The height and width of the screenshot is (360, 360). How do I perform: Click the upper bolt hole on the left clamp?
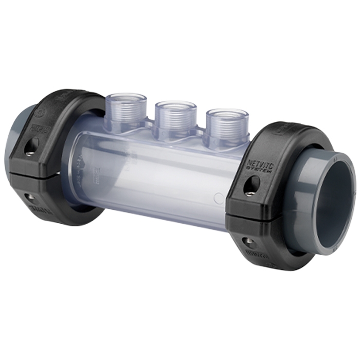coord(31,146)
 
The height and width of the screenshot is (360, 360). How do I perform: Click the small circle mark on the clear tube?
coord(219,197)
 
